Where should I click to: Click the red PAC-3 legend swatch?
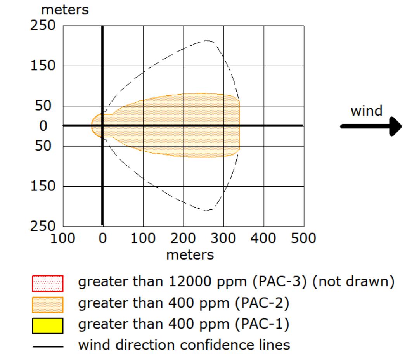[48, 283]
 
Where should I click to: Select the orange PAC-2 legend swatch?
[48, 305]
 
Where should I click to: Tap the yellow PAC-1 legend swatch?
[48, 326]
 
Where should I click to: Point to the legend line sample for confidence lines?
[48, 347]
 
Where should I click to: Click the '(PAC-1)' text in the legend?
[262, 324]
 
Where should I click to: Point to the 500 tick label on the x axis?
[303, 238]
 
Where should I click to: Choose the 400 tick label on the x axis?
[263, 238]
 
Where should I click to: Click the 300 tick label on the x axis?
[223, 238]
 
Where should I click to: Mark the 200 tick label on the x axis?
[183, 238]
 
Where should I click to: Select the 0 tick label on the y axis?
[43, 126]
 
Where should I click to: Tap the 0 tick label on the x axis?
[102, 238]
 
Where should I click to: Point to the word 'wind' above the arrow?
[366, 111]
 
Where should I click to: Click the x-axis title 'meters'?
[190, 255]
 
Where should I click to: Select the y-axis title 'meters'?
[65, 10]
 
